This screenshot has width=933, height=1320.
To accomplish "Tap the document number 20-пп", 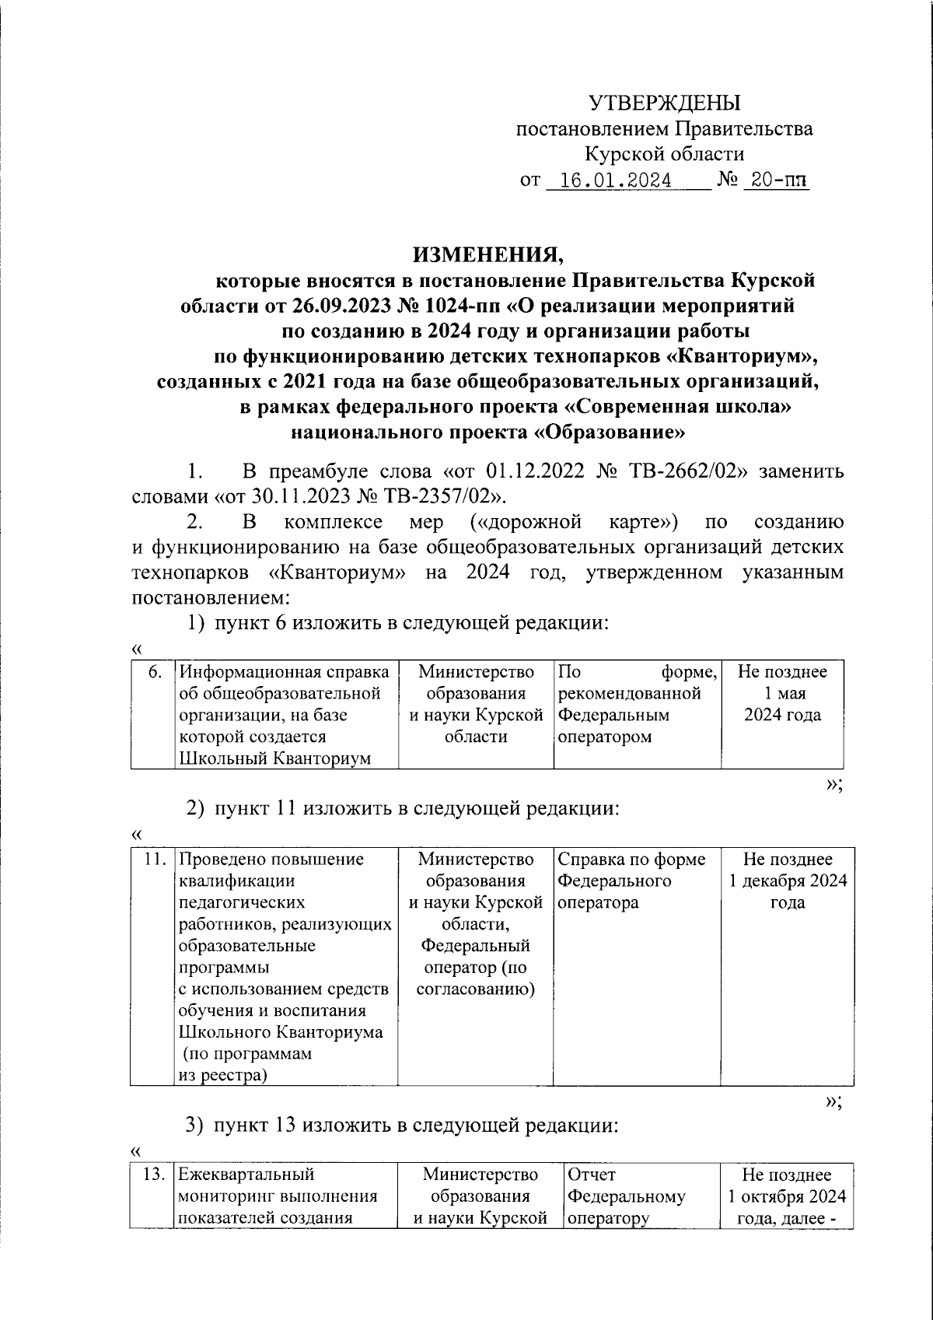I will (775, 181).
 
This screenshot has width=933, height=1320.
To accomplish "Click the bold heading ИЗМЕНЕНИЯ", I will (486, 254).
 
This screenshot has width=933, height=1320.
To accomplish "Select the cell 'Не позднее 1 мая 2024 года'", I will (782, 693).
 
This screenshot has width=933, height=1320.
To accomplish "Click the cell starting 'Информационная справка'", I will (285, 714).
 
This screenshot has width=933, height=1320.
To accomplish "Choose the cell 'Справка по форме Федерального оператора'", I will (631, 881).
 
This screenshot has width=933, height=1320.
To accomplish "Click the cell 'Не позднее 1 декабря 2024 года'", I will (787, 881).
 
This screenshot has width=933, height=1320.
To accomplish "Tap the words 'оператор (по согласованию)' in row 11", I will (475, 979).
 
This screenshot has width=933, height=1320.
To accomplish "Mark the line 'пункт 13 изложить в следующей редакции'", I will (417, 1126).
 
